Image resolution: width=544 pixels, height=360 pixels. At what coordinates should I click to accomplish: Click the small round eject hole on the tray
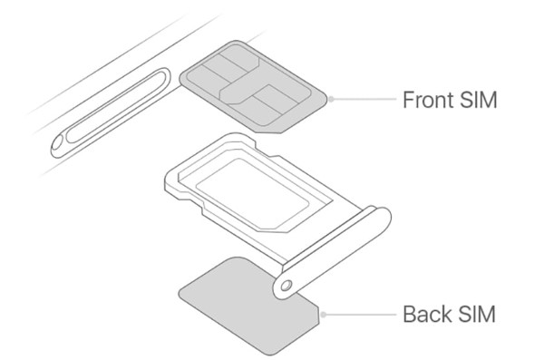287,285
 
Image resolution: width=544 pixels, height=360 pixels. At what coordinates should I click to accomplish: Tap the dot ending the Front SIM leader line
331,99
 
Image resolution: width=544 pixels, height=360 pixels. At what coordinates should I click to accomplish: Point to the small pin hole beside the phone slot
60,140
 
